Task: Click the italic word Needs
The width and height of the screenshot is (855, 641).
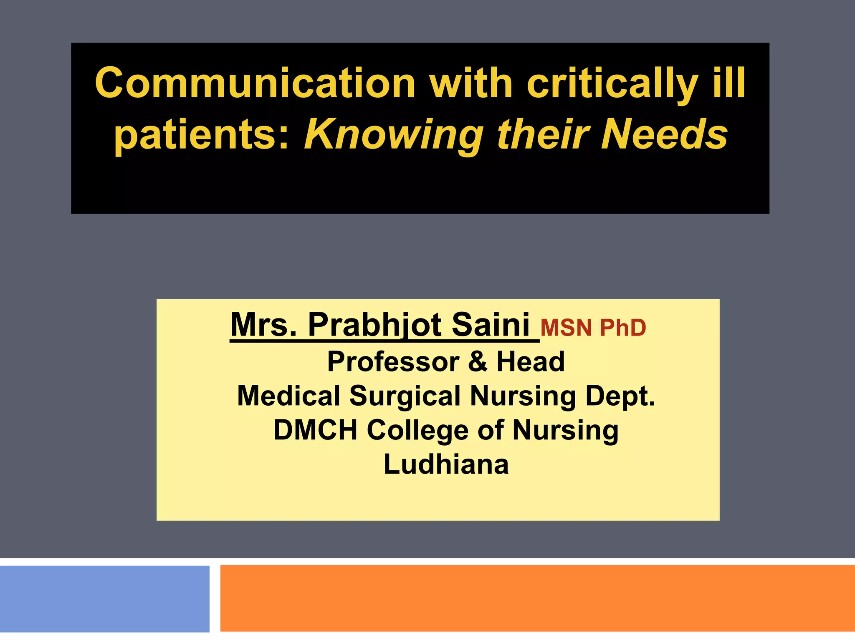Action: tap(664, 134)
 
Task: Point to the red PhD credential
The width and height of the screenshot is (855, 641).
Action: tap(623, 328)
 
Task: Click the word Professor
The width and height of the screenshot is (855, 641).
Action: tap(393, 361)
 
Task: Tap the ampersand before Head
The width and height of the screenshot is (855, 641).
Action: tap(478, 361)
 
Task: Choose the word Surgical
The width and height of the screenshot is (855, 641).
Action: tap(405, 396)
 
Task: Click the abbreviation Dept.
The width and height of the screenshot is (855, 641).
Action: tap(620, 396)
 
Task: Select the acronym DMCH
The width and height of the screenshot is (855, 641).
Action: tap(315, 430)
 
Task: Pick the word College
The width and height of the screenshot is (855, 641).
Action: tap(417, 431)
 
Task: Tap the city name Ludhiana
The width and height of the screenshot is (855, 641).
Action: tap(446, 464)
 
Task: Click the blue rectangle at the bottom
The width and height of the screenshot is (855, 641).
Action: tap(104, 598)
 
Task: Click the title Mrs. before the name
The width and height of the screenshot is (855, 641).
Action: tap(264, 325)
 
